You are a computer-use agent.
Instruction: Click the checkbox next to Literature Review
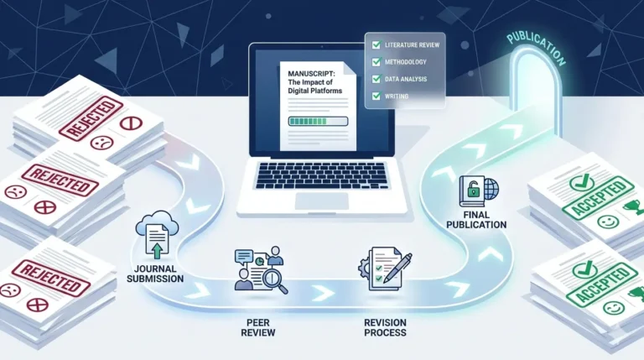(377, 43)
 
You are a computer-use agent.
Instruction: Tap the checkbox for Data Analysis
(377, 79)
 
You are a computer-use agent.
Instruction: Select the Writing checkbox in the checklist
(377, 97)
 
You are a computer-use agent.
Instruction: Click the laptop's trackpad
(322, 201)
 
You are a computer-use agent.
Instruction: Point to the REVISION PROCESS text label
(385, 327)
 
